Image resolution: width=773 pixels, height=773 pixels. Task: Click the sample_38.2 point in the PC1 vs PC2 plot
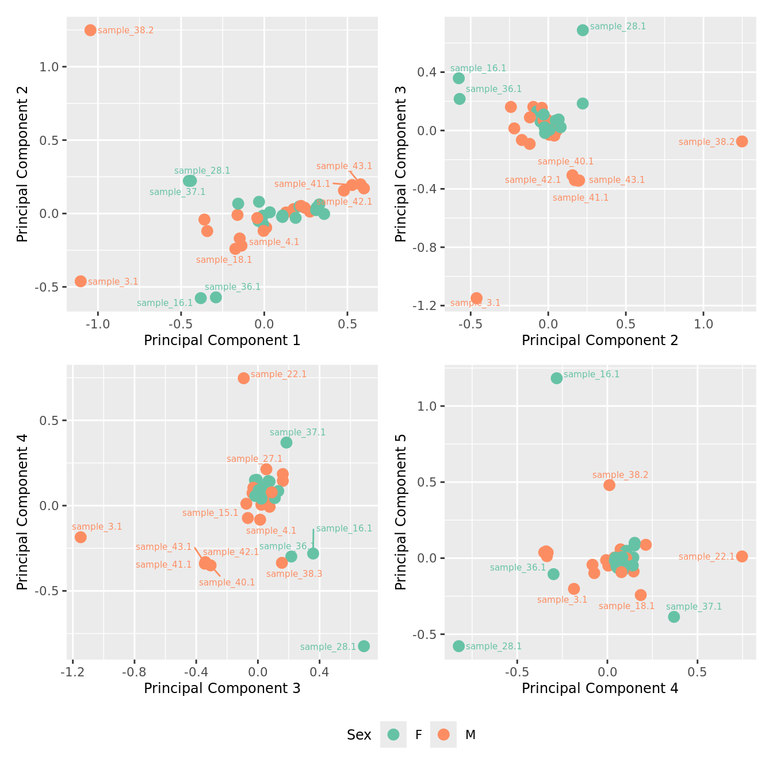click(90, 30)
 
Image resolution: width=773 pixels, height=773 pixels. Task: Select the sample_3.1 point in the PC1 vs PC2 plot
click(81, 281)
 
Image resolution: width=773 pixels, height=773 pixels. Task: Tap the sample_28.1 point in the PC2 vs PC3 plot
click(583, 30)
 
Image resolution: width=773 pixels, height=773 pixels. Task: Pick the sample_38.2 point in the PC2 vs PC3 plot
click(742, 141)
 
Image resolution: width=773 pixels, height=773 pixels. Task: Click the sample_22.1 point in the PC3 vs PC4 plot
click(244, 378)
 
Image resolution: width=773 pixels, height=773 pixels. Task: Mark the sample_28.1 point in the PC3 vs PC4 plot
click(364, 646)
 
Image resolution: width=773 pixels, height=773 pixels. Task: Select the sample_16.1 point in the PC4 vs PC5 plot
click(557, 378)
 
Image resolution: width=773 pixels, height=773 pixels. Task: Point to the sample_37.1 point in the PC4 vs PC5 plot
click(674, 617)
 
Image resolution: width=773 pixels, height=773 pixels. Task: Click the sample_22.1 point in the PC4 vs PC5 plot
click(742, 556)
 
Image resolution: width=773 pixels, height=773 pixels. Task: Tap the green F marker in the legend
click(393, 734)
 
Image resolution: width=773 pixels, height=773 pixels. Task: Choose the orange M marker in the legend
click(443, 734)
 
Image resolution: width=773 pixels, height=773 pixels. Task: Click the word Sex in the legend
click(359, 735)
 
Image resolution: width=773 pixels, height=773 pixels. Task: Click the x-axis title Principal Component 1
click(222, 340)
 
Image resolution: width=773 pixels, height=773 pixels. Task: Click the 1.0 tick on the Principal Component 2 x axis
click(703, 324)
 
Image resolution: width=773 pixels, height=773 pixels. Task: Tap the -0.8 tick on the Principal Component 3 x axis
click(135, 671)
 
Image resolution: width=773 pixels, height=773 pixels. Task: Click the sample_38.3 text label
click(294, 573)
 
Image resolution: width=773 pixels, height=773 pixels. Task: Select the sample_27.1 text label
click(254, 459)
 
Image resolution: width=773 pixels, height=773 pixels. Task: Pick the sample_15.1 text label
click(210, 513)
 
